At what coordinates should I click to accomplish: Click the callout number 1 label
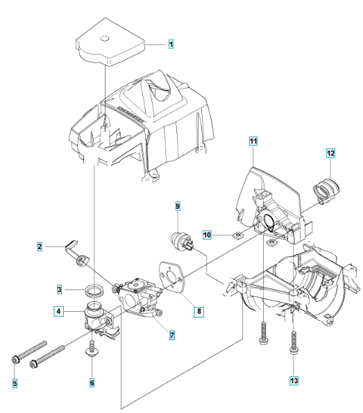coord(171,44)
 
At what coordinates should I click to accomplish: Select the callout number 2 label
coord(40,246)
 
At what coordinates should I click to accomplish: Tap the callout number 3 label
coord(60,289)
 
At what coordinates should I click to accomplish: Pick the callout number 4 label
coord(58,311)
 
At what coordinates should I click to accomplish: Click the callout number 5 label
coord(15,383)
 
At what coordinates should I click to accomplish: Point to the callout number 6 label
coord(92,382)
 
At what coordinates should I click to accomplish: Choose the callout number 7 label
coord(171,335)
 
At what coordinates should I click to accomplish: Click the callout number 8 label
coord(199,312)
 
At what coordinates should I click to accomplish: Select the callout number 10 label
coord(207,235)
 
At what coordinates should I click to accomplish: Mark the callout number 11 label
coord(253,141)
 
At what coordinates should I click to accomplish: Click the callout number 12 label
coord(330,153)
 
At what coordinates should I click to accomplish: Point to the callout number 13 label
coord(294,380)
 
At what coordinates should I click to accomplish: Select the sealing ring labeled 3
coord(94,290)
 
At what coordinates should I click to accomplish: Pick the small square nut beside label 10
coord(237,235)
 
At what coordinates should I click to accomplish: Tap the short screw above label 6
coord(92,348)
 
